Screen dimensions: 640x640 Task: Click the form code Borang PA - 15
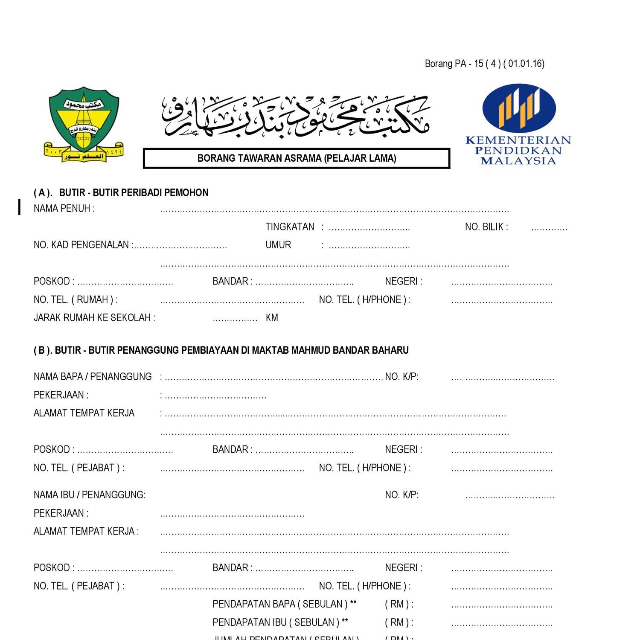click(x=484, y=64)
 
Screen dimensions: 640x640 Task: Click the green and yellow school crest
click(x=84, y=124)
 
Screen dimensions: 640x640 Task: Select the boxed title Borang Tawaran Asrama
click(x=297, y=158)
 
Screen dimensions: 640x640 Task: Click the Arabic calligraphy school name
click(x=296, y=116)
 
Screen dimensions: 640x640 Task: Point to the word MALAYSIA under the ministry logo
click(x=518, y=161)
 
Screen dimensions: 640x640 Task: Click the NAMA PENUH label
click(x=64, y=209)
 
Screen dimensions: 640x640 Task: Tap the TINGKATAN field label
click(x=290, y=227)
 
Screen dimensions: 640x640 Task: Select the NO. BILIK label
click(x=486, y=227)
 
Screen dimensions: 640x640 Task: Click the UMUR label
click(x=278, y=245)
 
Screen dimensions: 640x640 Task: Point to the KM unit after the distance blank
click(x=272, y=318)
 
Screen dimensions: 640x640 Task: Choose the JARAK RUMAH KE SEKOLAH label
click(x=94, y=318)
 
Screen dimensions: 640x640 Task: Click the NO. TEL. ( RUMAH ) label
click(x=76, y=300)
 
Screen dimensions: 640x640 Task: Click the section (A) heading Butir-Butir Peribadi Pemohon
click(x=121, y=193)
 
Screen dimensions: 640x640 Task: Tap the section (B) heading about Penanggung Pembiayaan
click(x=221, y=350)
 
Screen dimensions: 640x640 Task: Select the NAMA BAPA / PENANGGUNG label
click(x=93, y=377)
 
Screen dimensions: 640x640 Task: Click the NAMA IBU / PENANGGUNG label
click(x=90, y=495)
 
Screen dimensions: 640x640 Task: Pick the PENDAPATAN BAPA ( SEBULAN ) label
click(x=284, y=604)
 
